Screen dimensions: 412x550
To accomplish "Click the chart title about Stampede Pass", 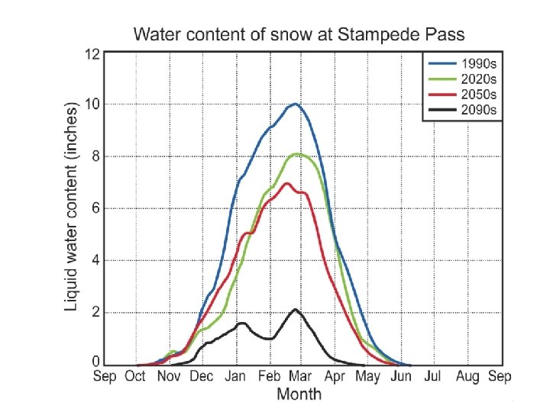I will tap(299, 34).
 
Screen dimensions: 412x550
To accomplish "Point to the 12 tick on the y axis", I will tap(92, 53).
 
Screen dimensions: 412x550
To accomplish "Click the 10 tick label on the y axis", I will tap(92, 105).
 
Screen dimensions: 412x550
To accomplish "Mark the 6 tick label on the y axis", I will tap(95, 208).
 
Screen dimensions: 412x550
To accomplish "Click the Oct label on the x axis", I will tap(135, 377).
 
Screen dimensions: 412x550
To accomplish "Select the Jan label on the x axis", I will tap(235, 377).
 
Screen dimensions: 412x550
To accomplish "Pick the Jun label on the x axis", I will tap(400, 377).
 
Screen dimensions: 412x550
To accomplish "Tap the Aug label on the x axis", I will tap(467, 377).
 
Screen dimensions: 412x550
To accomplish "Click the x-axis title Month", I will tap(299, 394).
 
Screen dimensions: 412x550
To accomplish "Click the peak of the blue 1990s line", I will tap(295, 104).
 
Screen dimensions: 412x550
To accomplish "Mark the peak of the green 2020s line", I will tap(297, 154).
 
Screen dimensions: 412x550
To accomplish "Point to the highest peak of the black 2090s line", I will tap(296, 310).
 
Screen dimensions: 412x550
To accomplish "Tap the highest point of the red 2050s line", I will tap(287, 183).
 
